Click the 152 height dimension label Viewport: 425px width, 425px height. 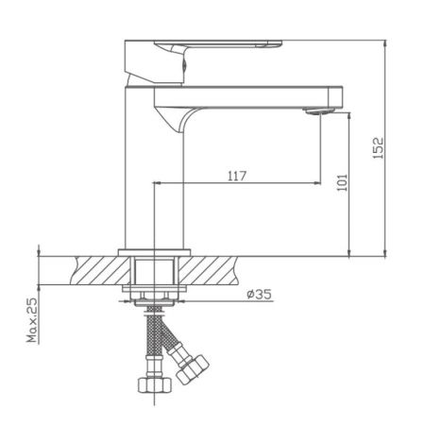378,149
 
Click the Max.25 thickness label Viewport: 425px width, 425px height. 30,322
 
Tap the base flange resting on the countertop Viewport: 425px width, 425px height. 155,251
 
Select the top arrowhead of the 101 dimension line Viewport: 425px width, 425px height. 352,113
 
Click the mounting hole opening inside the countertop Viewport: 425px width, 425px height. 155,270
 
